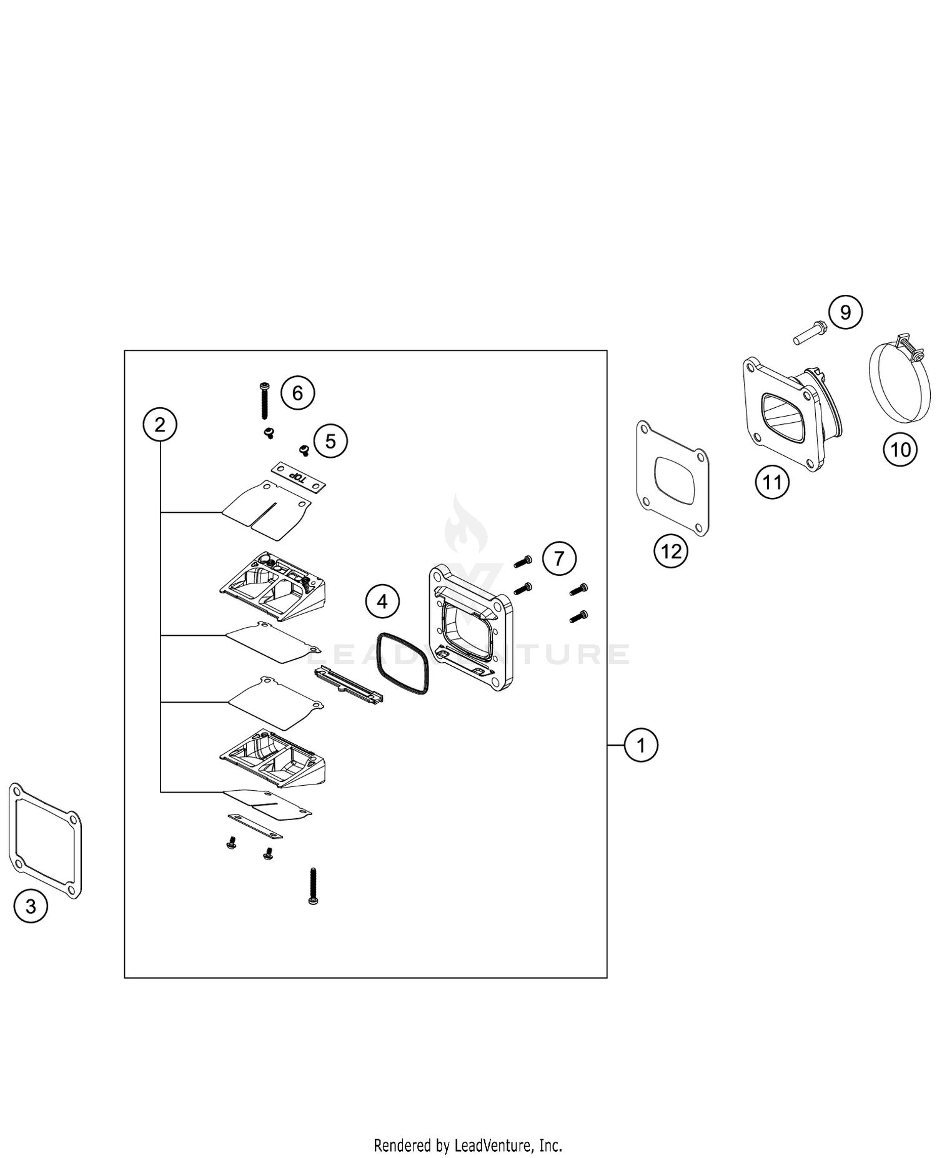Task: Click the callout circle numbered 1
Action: [x=641, y=745]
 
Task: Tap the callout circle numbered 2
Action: [x=160, y=425]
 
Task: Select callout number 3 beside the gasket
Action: [x=31, y=906]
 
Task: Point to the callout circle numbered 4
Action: [x=382, y=601]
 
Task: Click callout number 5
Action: [x=330, y=441]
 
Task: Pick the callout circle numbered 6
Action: [x=297, y=393]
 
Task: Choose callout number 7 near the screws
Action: [x=559, y=558]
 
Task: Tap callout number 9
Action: [x=845, y=312]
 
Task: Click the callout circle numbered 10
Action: [x=900, y=449]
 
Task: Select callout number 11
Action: [x=772, y=482]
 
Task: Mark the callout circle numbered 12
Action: [x=671, y=551]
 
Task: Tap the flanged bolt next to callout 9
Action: [x=811, y=332]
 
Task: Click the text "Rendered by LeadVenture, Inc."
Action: [x=468, y=1145]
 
